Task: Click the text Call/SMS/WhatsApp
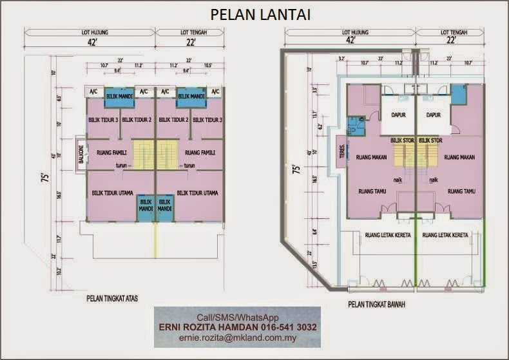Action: [237, 317]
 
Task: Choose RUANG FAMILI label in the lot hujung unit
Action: [111, 153]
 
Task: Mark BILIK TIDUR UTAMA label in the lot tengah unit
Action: [197, 193]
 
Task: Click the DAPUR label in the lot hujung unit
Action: [398, 115]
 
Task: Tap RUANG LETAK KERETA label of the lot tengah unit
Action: [445, 235]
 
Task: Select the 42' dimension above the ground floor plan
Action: [351, 40]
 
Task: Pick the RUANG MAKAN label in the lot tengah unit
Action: [459, 156]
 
